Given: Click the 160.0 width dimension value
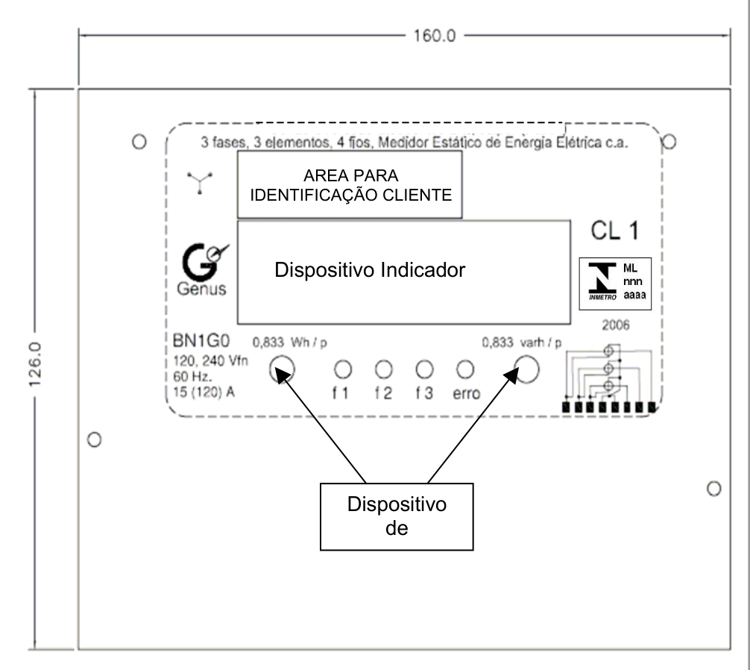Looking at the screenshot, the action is (x=435, y=36).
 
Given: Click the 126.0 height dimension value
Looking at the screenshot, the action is (x=35, y=365).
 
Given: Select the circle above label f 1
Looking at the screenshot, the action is (x=343, y=369).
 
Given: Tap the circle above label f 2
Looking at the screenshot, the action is (x=384, y=369).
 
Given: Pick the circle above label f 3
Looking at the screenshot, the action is (x=425, y=369).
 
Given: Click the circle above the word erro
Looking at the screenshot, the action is (x=465, y=369).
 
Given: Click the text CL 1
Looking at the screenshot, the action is (x=615, y=231).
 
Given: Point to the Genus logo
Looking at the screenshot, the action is (x=203, y=269).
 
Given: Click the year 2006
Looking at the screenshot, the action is (x=616, y=325).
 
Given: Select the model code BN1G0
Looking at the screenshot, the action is (x=201, y=341).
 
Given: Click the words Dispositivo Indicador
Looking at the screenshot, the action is (x=370, y=270).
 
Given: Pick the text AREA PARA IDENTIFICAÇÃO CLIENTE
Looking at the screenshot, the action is (x=350, y=185).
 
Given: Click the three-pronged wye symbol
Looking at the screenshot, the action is (x=200, y=182).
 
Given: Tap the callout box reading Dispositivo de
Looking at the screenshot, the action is (x=397, y=517).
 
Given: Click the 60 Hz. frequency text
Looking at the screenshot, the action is (x=193, y=376).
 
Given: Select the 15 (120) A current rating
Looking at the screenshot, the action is (x=204, y=392).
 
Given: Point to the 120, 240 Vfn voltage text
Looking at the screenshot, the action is (x=210, y=360).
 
